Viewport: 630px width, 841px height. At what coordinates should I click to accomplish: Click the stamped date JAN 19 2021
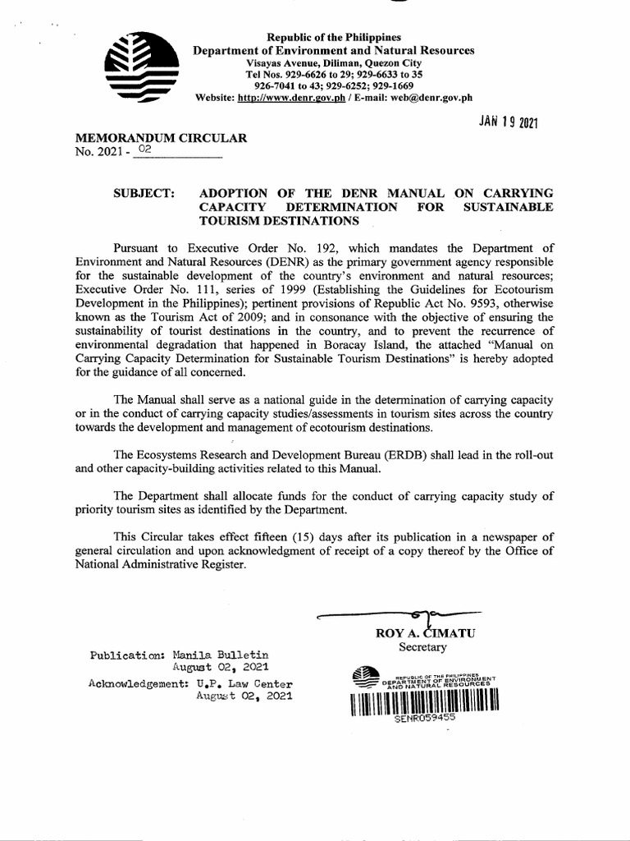tap(508, 123)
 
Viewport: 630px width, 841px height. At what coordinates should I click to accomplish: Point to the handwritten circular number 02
tap(145, 150)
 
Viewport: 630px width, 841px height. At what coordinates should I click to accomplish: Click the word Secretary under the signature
tap(422, 647)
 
